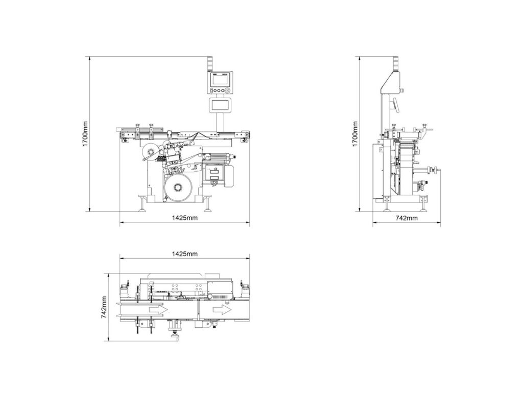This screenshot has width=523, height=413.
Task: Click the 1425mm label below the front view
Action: click(x=184, y=218)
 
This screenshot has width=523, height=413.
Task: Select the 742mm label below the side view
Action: click(x=407, y=218)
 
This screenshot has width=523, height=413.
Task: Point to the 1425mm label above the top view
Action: click(x=184, y=254)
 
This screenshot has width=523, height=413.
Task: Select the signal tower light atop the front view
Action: click(x=209, y=64)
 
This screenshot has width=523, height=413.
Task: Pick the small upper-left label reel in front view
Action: click(x=150, y=149)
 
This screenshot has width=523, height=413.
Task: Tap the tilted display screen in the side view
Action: click(x=395, y=105)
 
